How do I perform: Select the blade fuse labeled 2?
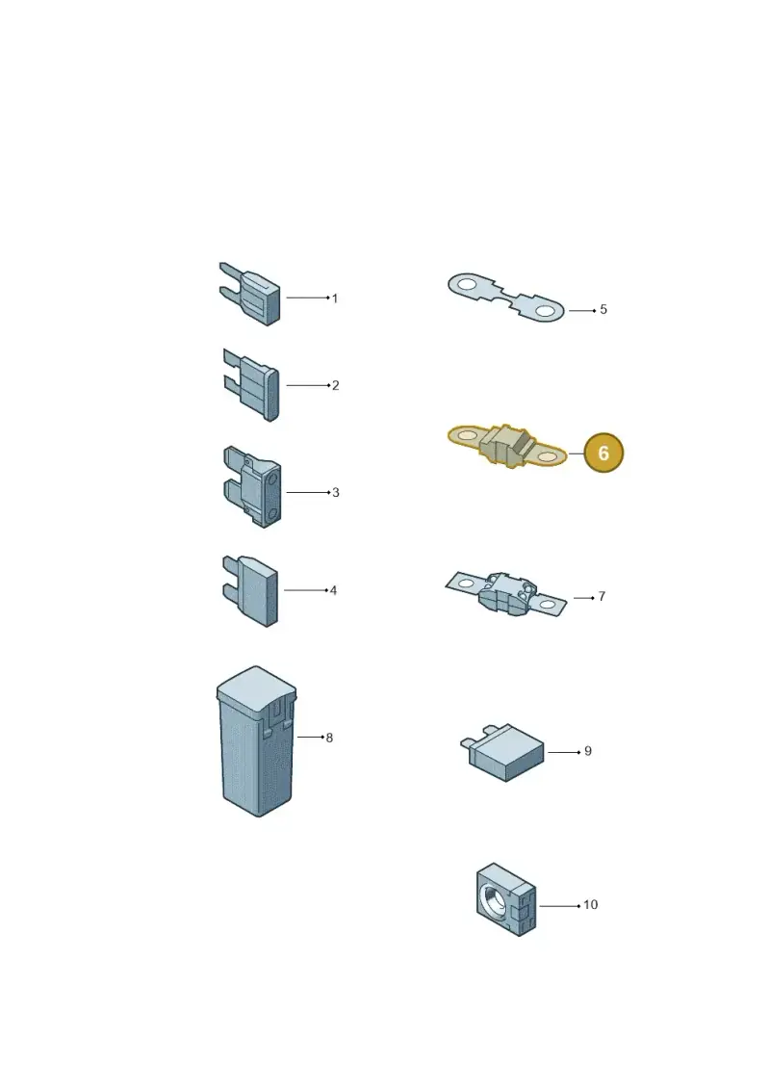pyautogui.click(x=251, y=384)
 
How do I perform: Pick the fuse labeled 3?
pyautogui.click(x=253, y=486)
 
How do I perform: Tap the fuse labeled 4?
pyautogui.click(x=250, y=590)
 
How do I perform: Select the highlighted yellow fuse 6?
pyautogui.click(x=507, y=446)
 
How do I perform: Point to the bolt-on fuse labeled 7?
pyautogui.click(x=506, y=594)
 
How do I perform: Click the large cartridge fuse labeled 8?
pyautogui.click(x=256, y=741)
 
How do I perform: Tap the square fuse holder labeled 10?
pyautogui.click(x=506, y=899)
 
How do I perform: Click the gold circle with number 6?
pyautogui.click(x=603, y=453)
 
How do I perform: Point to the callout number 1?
pyautogui.click(x=335, y=298)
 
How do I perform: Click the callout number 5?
pyautogui.click(x=603, y=310)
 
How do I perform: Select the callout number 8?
pyautogui.click(x=329, y=738)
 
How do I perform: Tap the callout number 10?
pyautogui.click(x=590, y=905)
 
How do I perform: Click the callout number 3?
pyautogui.click(x=335, y=492)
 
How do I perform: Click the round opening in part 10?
pyautogui.click(x=495, y=898)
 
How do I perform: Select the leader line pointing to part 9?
pyautogui.click(x=564, y=752)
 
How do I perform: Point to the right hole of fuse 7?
pyautogui.click(x=548, y=605)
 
